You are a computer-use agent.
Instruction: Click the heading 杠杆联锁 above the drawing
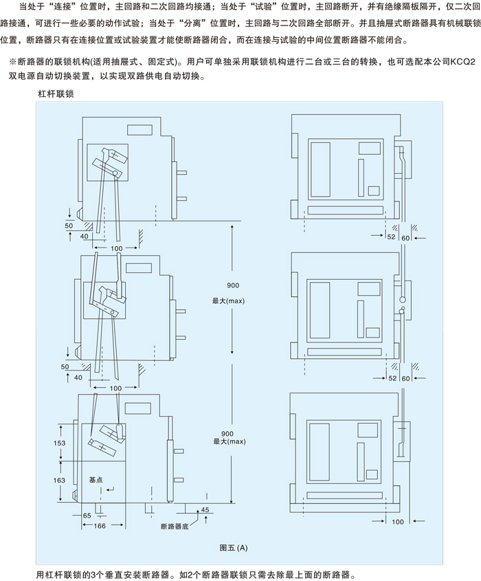click(56, 92)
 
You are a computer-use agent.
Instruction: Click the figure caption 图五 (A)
click(232, 548)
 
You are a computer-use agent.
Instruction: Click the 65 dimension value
click(87, 515)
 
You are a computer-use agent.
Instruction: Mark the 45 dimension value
click(204, 509)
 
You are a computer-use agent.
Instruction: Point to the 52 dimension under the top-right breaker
click(392, 237)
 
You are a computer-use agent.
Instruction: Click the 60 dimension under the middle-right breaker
click(405, 377)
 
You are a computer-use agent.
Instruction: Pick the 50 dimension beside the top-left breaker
click(69, 225)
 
